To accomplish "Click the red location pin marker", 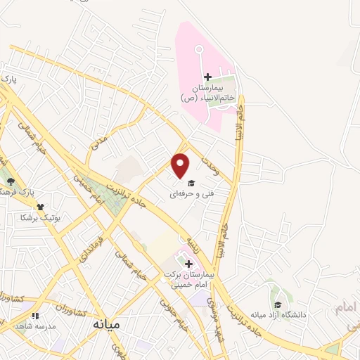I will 181,165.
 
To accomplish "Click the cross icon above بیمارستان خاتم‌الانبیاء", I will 207,77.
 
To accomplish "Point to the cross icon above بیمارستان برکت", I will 188,264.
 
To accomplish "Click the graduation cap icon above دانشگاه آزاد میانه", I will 278,305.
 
